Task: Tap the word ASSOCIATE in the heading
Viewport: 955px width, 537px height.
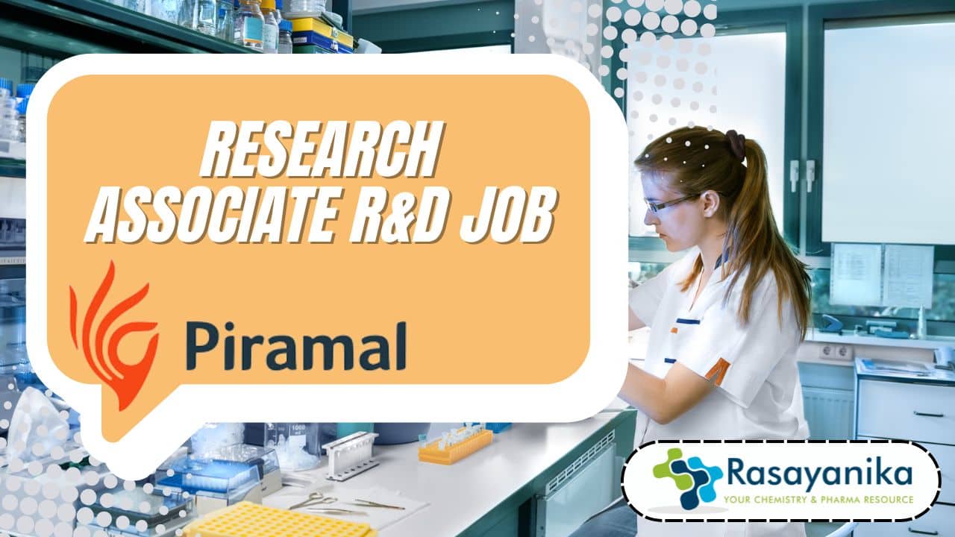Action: tap(213, 216)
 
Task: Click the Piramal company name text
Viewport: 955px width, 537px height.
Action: tap(296, 346)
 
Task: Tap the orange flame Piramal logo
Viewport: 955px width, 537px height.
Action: tap(113, 336)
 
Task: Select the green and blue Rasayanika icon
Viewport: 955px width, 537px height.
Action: tap(687, 478)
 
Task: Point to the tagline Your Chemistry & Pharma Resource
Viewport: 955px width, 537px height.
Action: tap(818, 500)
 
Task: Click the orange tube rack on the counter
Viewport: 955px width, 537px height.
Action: tap(455, 446)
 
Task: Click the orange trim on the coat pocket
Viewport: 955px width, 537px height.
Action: tap(718, 369)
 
